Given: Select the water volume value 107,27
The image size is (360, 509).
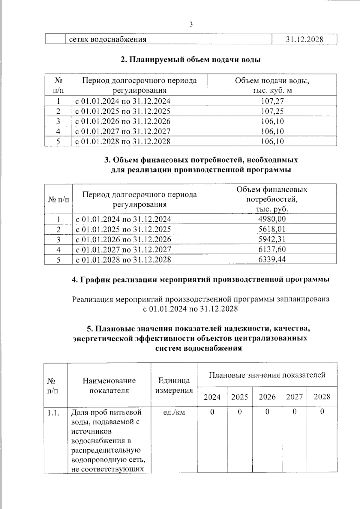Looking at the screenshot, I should click(x=272, y=101).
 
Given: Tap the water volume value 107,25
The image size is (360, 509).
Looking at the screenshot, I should click(x=272, y=111).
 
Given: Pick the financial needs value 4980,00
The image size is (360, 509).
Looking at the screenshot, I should click(x=272, y=219).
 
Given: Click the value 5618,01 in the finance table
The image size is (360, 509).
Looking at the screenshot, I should click(x=272, y=229).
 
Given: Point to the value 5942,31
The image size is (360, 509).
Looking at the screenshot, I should click(x=272, y=239).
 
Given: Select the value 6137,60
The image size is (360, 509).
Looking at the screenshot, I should click(x=272, y=249).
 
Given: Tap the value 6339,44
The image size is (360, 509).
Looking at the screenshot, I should click(x=272, y=259).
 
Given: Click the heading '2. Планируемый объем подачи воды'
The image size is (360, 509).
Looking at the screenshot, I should click(x=190, y=60).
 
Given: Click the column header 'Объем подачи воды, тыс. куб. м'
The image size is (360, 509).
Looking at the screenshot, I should click(x=272, y=85).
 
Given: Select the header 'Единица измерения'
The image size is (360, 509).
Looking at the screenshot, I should click(x=174, y=385).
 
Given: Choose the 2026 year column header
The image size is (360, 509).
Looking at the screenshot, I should click(x=267, y=397).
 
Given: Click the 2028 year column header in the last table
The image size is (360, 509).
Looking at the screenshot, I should click(x=322, y=397).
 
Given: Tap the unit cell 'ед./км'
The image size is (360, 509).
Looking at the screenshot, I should click(x=174, y=412).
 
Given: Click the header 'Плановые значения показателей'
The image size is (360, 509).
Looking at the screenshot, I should click(x=267, y=375).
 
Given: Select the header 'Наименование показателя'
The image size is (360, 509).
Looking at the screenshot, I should click(x=109, y=385).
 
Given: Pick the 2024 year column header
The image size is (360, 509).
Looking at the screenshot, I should click(x=212, y=397).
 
